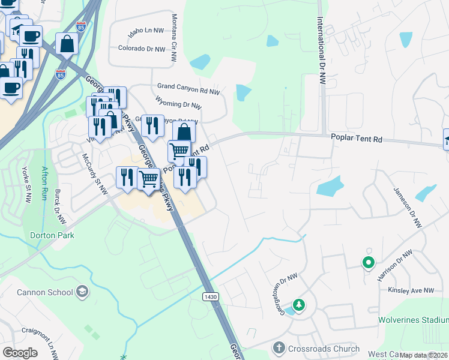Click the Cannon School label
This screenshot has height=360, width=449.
(37, 292)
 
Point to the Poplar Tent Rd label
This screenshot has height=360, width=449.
(357, 139)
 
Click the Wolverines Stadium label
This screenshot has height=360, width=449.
(413, 320)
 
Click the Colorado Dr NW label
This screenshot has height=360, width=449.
(141, 48)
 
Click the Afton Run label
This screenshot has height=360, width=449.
(44, 180)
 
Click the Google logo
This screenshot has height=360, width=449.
(20, 353)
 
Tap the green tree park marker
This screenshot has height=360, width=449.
(299, 306)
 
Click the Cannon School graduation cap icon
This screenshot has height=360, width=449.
(82, 292)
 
